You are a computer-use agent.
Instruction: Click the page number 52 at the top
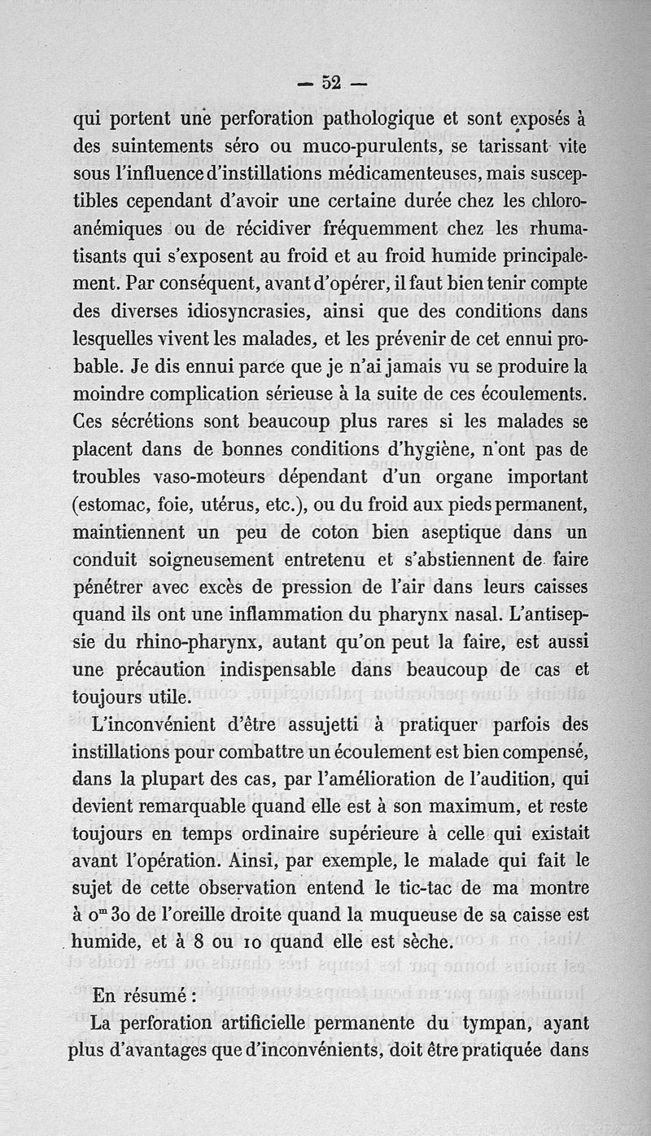coord(331,82)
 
